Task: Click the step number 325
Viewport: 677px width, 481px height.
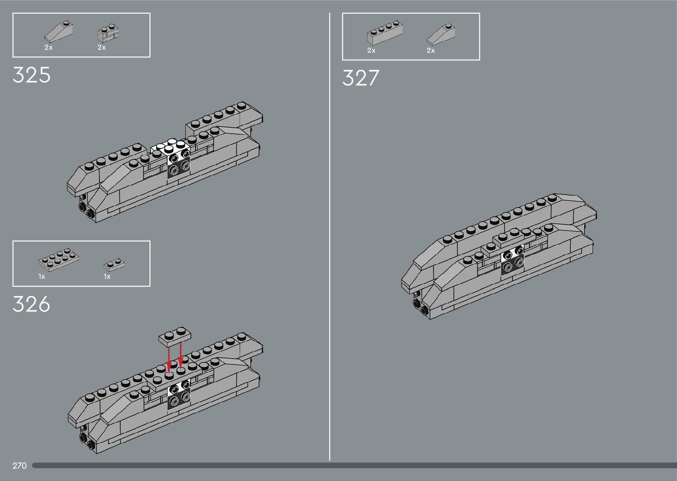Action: [x=31, y=75]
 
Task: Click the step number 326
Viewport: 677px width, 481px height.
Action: [x=31, y=304]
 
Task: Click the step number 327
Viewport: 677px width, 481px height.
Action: [x=360, y=78]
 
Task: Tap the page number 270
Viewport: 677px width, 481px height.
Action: [x=19, y=466]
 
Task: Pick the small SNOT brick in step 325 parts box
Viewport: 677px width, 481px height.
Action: [x=108, y=33]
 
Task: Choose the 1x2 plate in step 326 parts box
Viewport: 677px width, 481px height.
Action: [x=115, y=265]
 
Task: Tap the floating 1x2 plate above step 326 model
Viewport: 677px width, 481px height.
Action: [x=176, y=335]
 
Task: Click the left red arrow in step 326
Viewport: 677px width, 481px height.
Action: [x=169, y=359]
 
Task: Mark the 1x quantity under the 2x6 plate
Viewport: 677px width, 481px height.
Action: [x=42, y=277]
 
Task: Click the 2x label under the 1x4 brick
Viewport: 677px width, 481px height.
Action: [x=371, y=51]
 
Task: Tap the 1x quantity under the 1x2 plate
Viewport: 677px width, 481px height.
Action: [x=107, y=277]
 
